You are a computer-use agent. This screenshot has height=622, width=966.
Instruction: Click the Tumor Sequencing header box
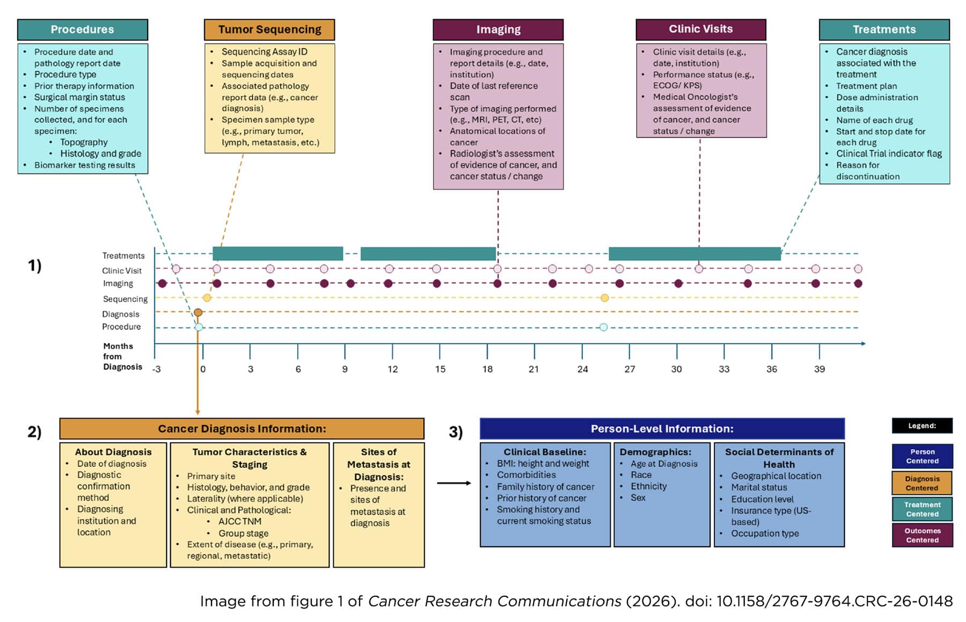click(x=269, y=30)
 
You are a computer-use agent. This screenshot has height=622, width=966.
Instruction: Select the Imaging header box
click(x=498, y=30)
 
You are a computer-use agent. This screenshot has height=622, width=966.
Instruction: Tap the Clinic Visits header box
click(x=700, y=29)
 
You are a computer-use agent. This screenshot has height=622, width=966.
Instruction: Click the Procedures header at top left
click(x=82, y=30)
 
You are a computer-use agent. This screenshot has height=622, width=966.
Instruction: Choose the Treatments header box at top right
click(x=884, y=30)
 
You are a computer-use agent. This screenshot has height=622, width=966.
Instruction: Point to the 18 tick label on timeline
click(x=487, y=369)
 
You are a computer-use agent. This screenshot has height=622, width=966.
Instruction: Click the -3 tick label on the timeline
click(x=156, y=369)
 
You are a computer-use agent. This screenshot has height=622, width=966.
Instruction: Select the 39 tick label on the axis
click(x=819, y=369)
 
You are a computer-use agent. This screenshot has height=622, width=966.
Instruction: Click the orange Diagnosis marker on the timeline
click(x=198, y=312)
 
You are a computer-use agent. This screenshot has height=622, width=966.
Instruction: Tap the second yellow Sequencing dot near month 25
click(x=604, y=298)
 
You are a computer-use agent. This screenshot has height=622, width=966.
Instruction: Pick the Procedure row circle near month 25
click(x=603, y=327)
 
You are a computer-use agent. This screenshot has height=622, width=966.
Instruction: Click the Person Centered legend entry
click(x=922, y=456)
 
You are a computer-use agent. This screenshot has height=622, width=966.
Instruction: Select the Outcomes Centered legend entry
click(x=922, y=535)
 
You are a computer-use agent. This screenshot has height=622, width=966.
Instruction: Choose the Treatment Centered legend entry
click(x=922, y=509)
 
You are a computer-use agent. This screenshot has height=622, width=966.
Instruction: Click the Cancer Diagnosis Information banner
click(x=241, y=429)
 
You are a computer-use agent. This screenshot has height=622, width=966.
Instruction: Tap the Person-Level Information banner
click(x=662, y=429)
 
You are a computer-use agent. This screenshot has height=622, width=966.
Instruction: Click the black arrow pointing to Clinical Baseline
click(x=454, y=483)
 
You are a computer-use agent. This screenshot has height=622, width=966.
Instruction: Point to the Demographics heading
click(x=655, y=452)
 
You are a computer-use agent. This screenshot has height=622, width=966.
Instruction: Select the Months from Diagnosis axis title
click(x=122, y=356)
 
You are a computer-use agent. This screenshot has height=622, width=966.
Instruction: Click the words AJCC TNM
click(x=240, y=521)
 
